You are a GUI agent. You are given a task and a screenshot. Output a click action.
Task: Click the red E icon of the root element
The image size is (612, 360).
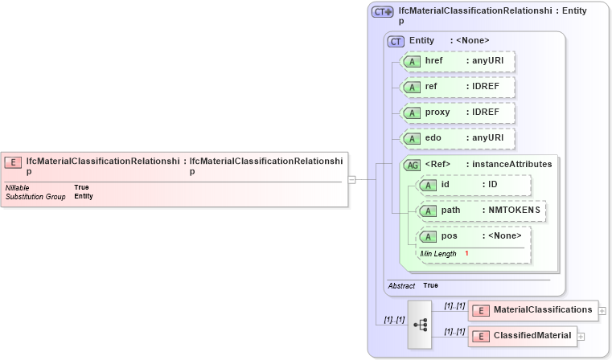pos(13,162)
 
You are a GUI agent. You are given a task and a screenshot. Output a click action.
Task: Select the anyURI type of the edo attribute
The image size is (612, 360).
pos(487,137)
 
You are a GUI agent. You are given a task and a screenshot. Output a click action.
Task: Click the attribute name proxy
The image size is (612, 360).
pos(437,112)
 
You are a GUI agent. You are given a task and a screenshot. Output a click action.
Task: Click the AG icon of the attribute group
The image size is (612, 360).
pos(412,165)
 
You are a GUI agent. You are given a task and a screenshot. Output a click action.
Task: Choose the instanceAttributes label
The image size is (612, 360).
pos(511,164)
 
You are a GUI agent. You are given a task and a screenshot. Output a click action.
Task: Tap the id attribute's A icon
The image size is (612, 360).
pos(429,186)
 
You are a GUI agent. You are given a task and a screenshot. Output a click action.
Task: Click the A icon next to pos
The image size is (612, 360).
pos(429,236)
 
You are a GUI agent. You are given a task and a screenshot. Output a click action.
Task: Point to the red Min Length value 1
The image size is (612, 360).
pos(466,253)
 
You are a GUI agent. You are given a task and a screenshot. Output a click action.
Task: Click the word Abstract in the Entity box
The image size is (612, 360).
pos(401,285)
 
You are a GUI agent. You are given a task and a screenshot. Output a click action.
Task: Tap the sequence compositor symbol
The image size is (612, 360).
pos(420,324)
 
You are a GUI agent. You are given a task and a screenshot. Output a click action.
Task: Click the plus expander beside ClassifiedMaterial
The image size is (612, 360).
pos(581,337)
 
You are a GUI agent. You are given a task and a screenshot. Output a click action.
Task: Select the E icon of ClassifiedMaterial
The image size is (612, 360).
pos(481,336)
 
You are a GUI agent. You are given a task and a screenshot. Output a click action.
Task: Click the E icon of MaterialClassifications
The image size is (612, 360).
pos(481,310)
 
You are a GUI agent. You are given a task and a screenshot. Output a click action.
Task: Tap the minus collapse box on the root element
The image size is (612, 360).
pos(351,180)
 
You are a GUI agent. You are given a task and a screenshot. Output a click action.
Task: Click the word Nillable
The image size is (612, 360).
pos(18,187)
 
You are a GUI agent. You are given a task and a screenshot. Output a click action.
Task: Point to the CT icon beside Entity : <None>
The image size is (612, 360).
pos(396,41)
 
